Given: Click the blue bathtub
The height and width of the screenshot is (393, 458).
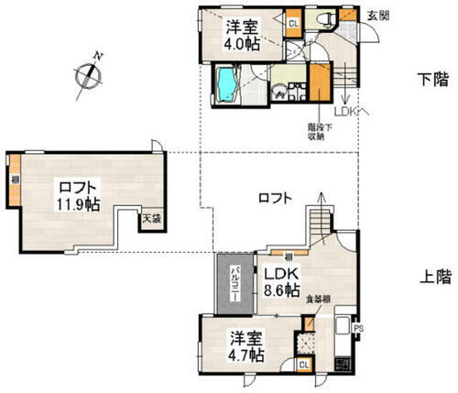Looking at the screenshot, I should (x=225, y=84).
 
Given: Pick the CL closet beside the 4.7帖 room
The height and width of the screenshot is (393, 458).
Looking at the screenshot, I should (x=303, y=364).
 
